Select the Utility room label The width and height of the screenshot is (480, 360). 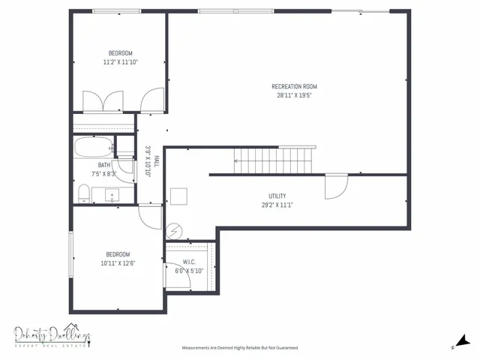(277, 196)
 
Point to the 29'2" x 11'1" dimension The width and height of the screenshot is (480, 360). (277, 204)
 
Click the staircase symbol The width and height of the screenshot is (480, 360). (274, 159)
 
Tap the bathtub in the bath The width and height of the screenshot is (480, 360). (93, 146)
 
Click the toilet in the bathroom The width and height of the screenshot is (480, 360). (83, 196)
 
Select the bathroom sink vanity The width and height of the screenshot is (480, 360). (113, 196)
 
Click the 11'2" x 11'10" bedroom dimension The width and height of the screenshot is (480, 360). (121, 62)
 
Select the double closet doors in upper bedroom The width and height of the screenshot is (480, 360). (103, 100)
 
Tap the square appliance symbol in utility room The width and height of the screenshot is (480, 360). (178, 196)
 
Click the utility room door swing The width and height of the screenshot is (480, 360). (335, 187)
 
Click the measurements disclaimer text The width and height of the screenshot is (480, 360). (239, 348)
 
